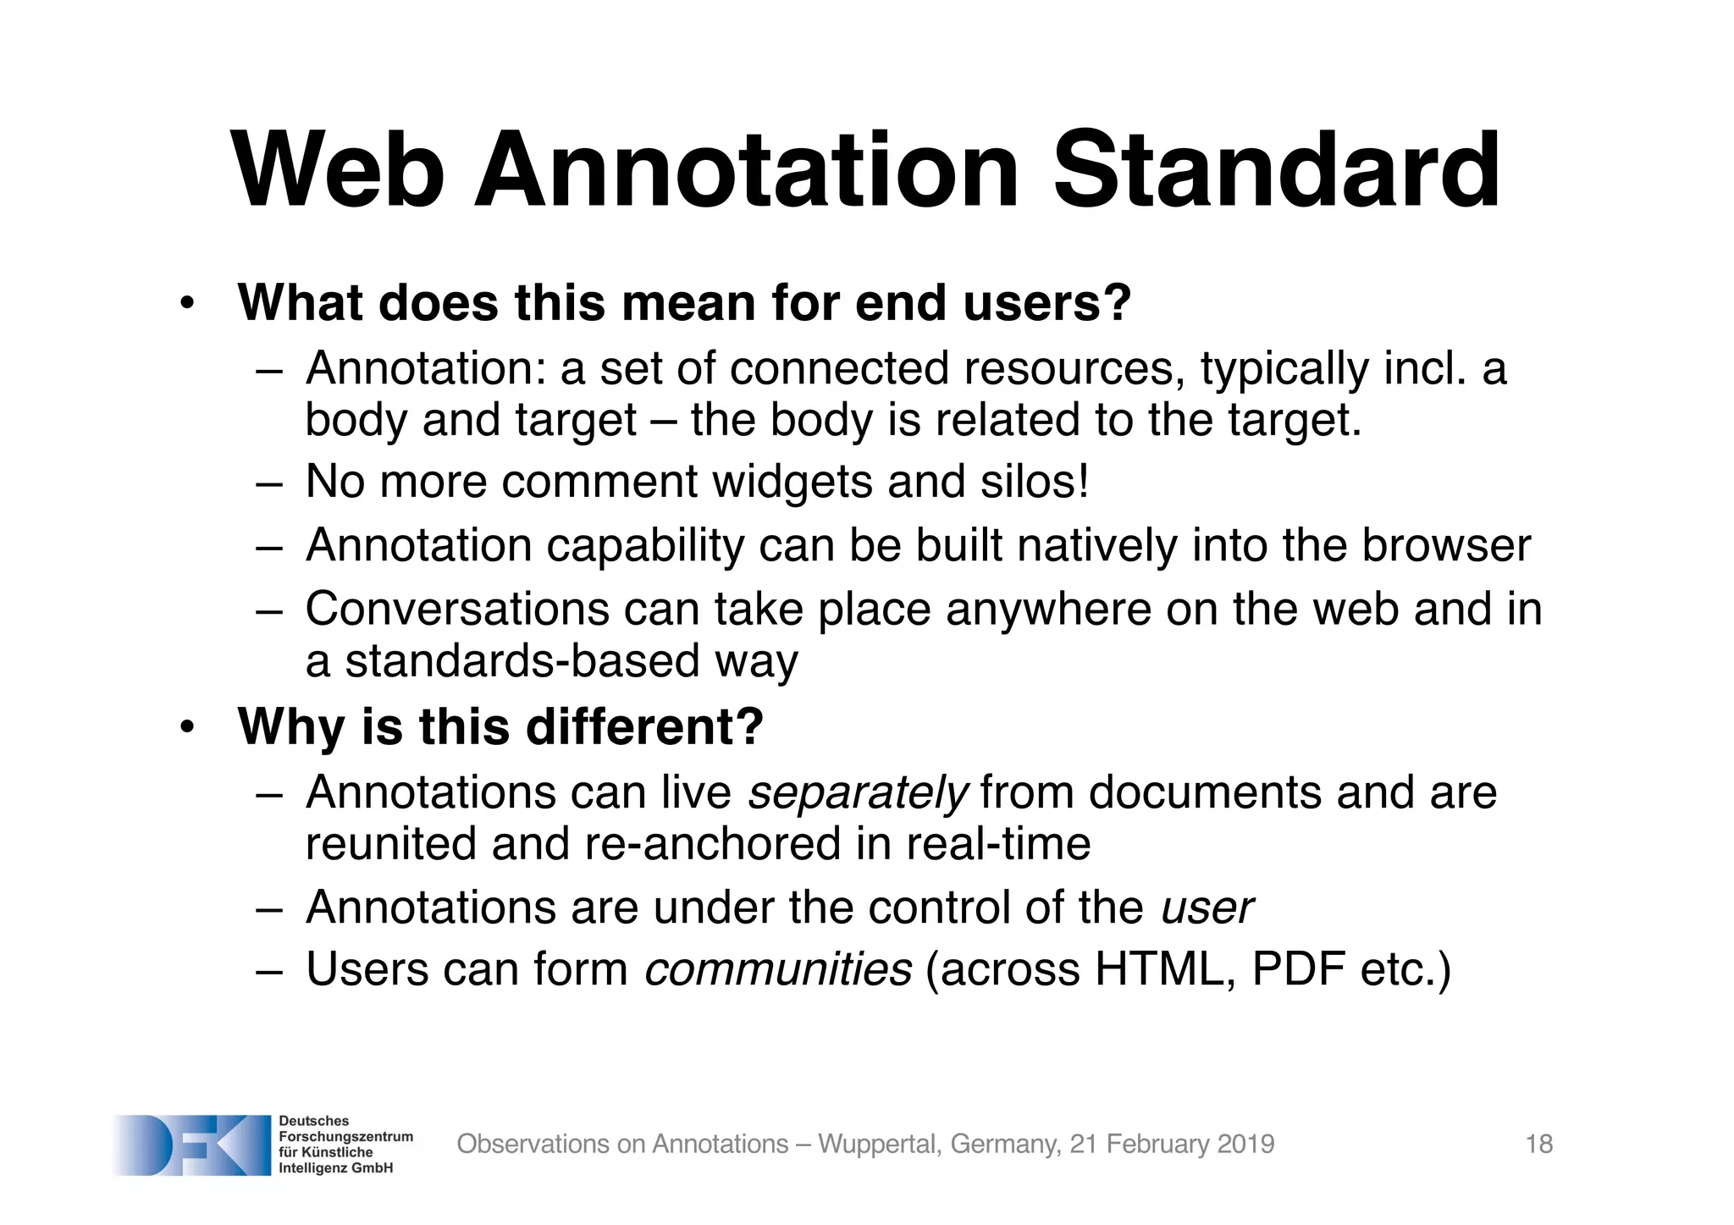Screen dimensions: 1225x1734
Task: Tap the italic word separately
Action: point(858,793)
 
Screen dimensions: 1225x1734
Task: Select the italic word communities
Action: point(778,969)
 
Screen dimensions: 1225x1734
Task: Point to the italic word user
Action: point(1207,908)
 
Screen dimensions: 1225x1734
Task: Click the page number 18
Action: point(1538,1145)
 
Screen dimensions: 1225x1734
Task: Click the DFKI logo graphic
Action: point(191,1145)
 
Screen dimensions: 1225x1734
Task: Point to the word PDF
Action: point(1298,969)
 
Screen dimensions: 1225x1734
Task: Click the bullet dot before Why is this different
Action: point(187,727)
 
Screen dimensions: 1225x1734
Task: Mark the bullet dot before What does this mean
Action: point(187,303)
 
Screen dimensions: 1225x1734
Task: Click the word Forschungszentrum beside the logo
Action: point(345,1137)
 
